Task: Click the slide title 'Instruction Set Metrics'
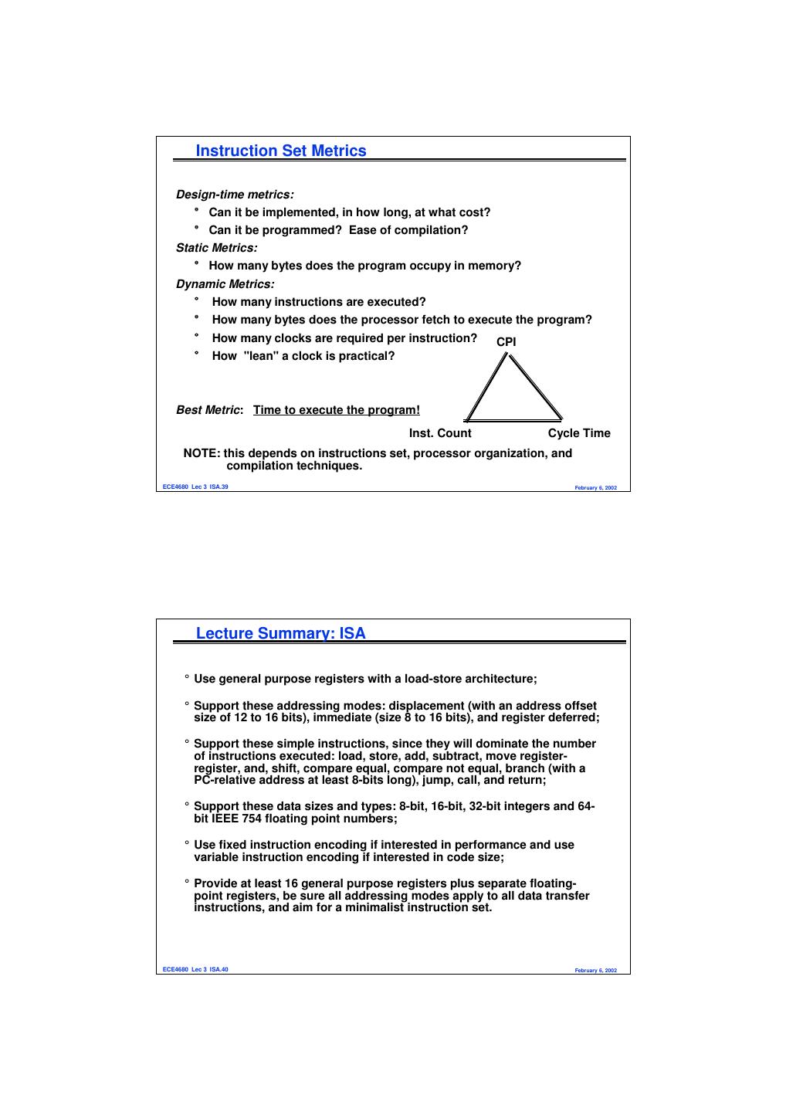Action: click(281, 151)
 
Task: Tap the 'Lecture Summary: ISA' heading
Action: click(281, 633)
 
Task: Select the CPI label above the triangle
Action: click(506, 341)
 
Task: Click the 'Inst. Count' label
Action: click(440, 433)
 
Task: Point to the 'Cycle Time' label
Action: click(579, 433)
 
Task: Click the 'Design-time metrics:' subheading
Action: click(235, 195)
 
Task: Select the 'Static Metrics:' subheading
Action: click(217, 248)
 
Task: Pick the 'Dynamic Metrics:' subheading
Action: click(225, 284)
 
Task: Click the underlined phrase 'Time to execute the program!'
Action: click(337, 410)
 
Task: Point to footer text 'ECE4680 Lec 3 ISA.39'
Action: click(195, 487)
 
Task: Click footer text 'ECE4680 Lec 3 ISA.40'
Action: click(195, 970)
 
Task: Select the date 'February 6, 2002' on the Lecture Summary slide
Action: click(595, 971)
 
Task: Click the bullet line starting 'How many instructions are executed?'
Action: click(319, 302)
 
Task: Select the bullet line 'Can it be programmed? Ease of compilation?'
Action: click(338, 230)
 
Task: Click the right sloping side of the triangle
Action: click(535, 387)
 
